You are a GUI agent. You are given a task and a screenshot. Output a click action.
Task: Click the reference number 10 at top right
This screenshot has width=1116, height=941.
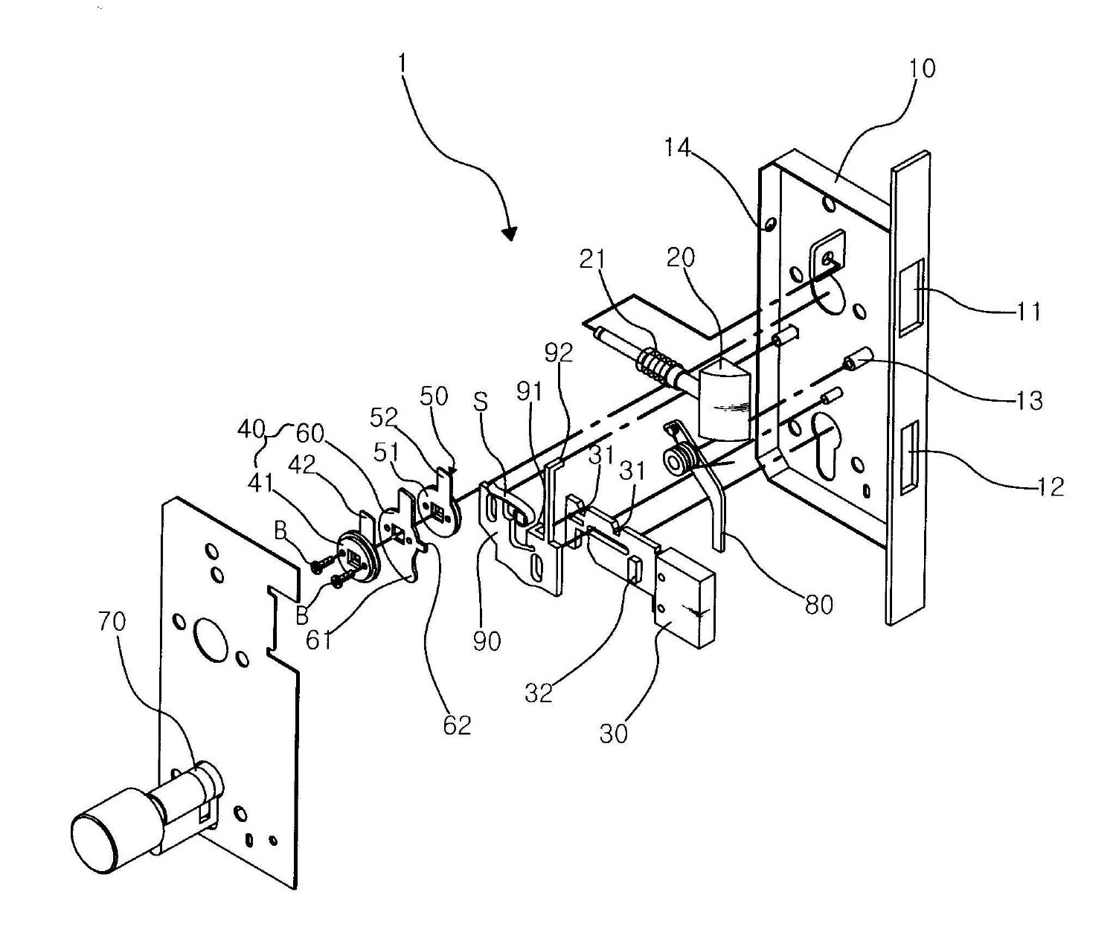pos(922,69)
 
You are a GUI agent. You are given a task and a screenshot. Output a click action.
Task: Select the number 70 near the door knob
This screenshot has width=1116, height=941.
pos(112,621)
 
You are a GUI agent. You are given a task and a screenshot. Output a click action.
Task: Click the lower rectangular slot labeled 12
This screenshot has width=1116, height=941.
pos(908,457)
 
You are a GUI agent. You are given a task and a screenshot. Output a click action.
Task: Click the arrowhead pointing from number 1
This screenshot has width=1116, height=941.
pos(509,234)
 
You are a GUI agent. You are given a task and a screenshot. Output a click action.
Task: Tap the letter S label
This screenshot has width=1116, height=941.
pos(481,402)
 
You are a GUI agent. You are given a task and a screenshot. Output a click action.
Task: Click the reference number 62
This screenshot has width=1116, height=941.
pos(457,725)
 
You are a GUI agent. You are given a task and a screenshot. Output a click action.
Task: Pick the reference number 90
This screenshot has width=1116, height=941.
pos(487,640)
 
